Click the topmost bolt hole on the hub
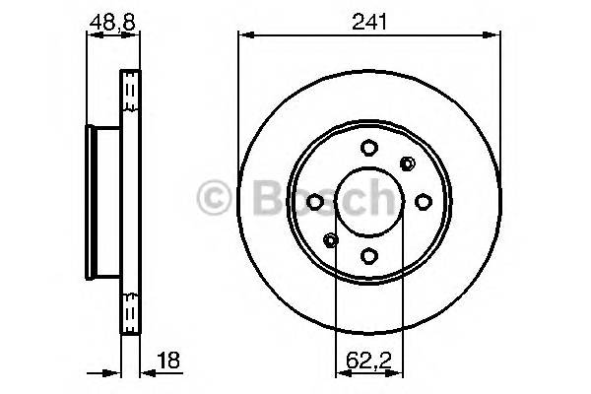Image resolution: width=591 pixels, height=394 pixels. click(368, 148)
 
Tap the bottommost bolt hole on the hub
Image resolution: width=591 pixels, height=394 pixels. click(368, 256)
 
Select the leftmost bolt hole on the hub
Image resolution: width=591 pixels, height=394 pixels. click(314, 202)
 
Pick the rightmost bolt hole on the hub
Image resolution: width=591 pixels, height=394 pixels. click(423, 202)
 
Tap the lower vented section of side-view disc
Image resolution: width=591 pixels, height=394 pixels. click(130, 305)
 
